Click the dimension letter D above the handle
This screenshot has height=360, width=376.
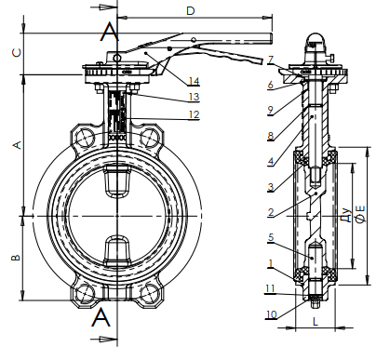tap(191, 11)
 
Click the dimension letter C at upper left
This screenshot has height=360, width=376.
tap(17, 53)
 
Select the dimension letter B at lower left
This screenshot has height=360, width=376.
tap(16, 257)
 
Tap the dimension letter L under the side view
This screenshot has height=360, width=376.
tap(316, 321)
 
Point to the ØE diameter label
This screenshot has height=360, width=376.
tap(360, 214)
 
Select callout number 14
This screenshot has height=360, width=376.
tap(194, 81)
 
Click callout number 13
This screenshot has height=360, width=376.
tap(194, 97)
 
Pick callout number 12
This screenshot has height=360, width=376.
tap(194, 114)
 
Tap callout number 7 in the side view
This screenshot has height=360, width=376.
tap(271, 60)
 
